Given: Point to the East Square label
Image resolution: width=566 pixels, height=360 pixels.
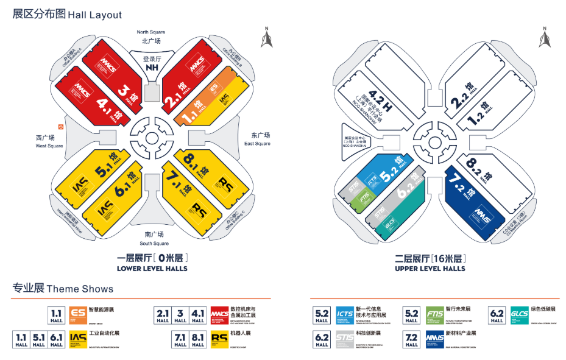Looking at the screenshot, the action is point(256,139).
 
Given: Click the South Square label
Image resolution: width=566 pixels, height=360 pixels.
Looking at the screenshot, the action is point(154,239).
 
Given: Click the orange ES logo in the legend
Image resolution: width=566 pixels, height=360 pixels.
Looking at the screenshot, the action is point(78,314).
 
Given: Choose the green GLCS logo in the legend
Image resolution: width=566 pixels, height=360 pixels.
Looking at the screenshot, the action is point(519,314).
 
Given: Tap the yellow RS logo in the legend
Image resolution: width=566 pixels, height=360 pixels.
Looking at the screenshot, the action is point(218,338).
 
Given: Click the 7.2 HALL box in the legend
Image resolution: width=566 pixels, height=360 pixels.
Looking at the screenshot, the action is point(412,339).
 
